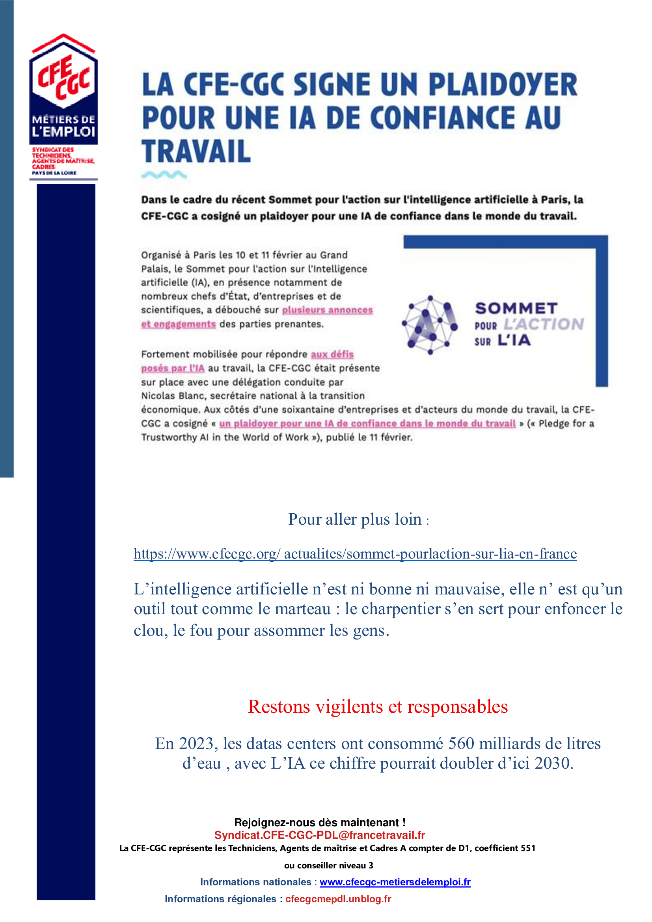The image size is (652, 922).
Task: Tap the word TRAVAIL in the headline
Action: pos(196,152)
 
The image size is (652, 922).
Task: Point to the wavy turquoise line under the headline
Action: pos(164,175)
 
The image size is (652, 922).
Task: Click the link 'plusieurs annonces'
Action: pos(327,310)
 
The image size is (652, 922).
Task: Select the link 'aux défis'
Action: pos(332,354)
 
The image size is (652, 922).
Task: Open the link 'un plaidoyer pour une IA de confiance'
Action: pos(367,423)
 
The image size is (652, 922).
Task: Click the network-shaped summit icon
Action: pos(430,325)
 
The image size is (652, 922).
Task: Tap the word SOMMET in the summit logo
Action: pos(516,308)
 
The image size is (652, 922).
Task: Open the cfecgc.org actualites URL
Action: pos(355,554)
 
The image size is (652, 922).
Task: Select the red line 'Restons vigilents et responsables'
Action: pos(377,706)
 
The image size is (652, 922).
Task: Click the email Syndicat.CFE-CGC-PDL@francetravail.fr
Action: pos(319,835)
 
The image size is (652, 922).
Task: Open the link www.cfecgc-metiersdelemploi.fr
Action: pos(395,882)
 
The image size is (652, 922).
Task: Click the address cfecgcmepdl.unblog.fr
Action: pos(338,899)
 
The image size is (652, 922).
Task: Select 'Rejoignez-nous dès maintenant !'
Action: pos(320,822)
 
